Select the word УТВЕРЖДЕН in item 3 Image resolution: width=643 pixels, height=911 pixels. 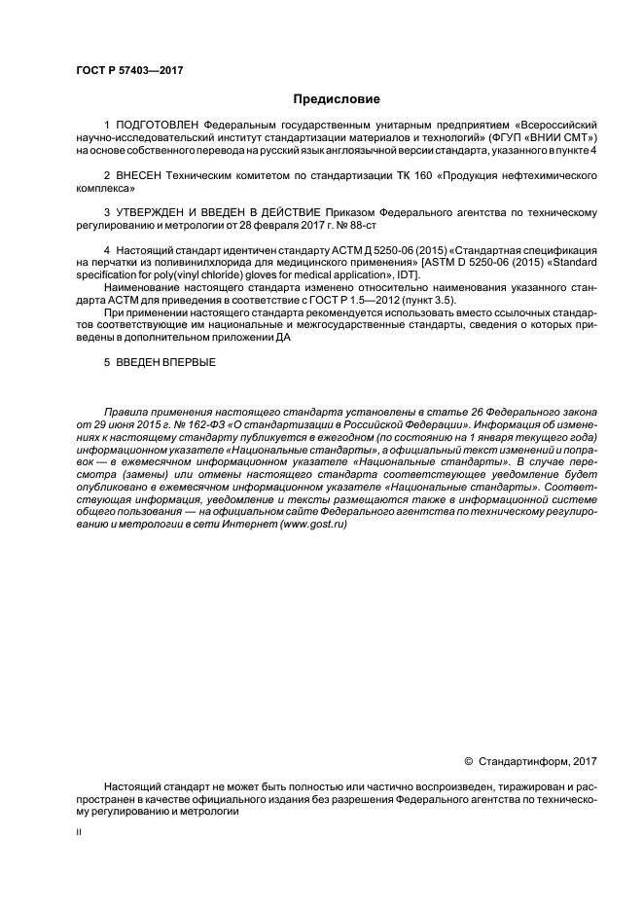click(x=158, y=212)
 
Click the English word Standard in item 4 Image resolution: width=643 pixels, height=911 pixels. click(x=571, y=263)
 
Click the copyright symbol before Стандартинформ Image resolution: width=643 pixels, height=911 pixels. click(x=468, y=759)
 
